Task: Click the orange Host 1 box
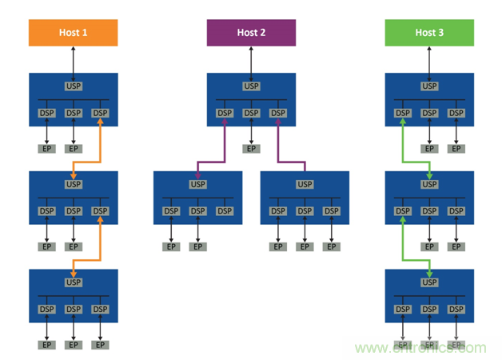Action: coord(74,33)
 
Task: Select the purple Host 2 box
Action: coord(251,33)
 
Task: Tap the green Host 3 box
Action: coord(429,33)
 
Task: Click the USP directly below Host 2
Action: coord(251,86)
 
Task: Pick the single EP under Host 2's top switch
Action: coord(251,149)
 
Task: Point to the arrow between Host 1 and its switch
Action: coord(74,59)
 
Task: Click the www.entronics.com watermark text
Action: coord(420,348)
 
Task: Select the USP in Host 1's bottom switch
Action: coord(74,282)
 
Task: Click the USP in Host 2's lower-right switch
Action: coord(305,185)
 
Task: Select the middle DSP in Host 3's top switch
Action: coord(429,114)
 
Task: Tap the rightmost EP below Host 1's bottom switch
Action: coord(100,345)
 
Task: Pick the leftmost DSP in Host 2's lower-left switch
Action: coord(171,211)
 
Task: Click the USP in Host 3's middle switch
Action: coord(429,184)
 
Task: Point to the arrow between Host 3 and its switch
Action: coord(429,59)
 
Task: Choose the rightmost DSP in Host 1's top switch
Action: coord(100,114)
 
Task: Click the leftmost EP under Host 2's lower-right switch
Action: coord(278,246)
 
